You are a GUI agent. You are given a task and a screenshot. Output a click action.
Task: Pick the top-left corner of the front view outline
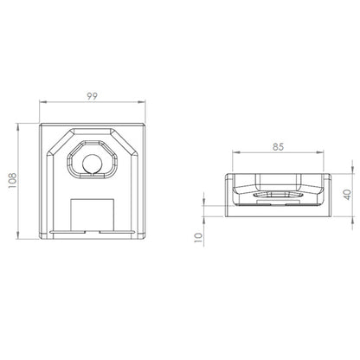(x=42, y=122)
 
